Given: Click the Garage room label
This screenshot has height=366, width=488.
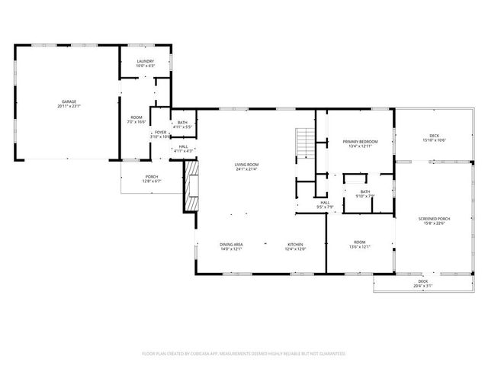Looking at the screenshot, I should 69,103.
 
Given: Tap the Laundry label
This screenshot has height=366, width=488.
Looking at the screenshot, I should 145,63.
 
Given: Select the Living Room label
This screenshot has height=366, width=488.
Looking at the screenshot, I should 246,166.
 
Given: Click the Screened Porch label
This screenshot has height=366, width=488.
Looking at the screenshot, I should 434,221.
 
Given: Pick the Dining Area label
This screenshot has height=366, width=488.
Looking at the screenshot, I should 231,246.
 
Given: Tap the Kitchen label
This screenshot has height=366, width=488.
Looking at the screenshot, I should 295,246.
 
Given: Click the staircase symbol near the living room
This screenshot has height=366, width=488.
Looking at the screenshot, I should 304,141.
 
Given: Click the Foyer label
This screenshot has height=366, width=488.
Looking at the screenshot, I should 160,134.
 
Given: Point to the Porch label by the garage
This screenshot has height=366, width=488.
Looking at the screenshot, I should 152,178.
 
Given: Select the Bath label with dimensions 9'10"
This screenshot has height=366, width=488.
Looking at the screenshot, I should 364,194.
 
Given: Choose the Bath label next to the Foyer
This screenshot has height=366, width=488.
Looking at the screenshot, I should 182,124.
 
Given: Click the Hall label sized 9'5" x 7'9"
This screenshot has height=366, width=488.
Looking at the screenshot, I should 325,204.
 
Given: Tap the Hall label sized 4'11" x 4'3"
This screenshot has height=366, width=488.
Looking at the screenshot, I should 183,149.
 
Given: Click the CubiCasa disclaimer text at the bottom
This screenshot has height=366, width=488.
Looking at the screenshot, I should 244,353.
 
